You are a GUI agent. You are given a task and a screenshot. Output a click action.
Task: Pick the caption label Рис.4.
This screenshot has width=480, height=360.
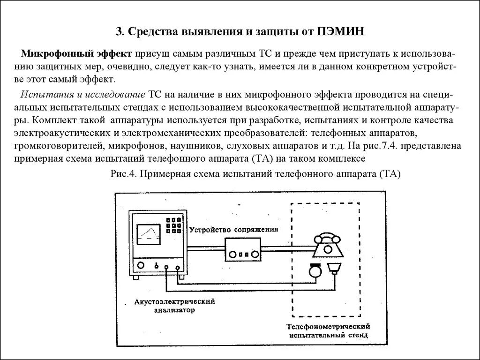pos(123,174)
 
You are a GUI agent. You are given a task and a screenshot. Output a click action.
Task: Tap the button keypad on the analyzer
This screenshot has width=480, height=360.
pos(174,225)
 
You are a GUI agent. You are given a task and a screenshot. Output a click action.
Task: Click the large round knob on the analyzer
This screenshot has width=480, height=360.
pos(140,265)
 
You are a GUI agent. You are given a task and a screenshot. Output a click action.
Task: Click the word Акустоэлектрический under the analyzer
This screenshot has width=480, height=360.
pos(174,301)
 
